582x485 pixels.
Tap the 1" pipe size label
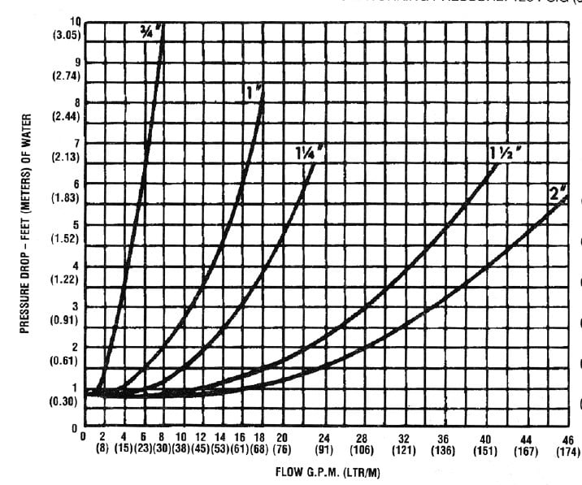pyautogui.click(x=253, y=93)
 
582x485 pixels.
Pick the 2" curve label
pyautogui.click(x=558, y=193)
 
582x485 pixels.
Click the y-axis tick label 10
pyautogui.click(x=76, y=21)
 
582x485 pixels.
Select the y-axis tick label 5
pyautogui.click(x=76, y=225)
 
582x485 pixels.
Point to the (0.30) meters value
pyautogui.click(x=66, y=401)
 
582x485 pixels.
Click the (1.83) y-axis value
pyautogui.click(x=66, y=197)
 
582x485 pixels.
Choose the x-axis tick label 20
pyautogui.click(x=282, y=438)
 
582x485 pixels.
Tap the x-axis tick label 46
pyautogui.click(x=567, y=440)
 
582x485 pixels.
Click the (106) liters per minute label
pyautogui.click(x=363, y=449)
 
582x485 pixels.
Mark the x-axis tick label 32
pyautogui.click(x=404, y=438)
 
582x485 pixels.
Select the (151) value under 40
pyautogui.click(x=486, y=449)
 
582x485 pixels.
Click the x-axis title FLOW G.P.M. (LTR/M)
pyautogui.click(x=328, y=471)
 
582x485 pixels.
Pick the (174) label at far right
pyautogui.click(x=567, y=450)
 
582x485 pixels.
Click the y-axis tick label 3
pyautogui.click(x=76, y=306)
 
